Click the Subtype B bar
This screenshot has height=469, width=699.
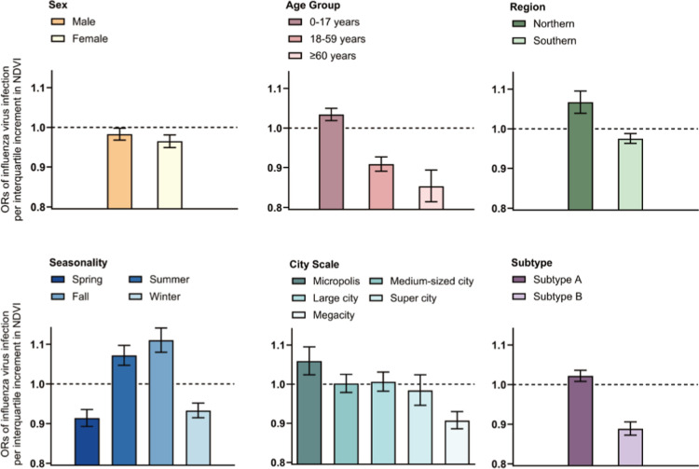point(630,446)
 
